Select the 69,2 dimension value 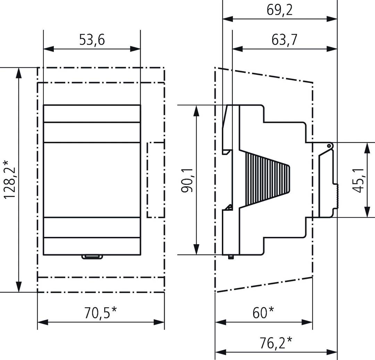tap(280, 10)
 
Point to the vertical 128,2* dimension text tap(9, 179)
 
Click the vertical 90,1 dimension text tap(187, 180)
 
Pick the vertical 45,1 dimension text tap(357, 180)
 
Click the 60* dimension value tap(264, 312)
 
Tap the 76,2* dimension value tap(276, 344)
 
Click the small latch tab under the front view tap(92, 257)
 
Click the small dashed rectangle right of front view tap(156, 180)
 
